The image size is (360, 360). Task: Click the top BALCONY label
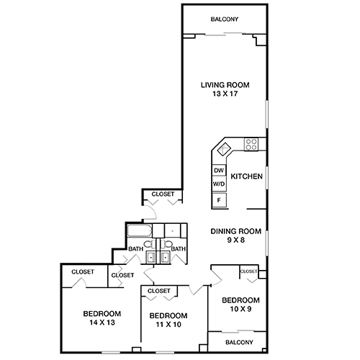point(224,19)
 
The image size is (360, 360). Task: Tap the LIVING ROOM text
point(224,84)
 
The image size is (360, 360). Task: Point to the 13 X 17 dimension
point(224,94)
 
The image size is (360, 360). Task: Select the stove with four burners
point(251,143)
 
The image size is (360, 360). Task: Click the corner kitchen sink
point(224,149)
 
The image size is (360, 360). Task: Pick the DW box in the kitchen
point(219,171)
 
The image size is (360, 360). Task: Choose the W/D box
point(219,184)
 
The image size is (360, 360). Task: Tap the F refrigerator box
point(219,199)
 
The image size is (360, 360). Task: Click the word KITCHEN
point(246,176)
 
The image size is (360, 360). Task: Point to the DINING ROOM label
point(234,231)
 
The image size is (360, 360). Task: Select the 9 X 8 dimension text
point(234,240)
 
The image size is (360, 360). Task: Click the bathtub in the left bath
point(138,231)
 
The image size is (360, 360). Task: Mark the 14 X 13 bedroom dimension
point(101,323)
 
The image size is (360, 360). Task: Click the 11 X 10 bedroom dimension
point(168,325)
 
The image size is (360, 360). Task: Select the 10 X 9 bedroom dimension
point(240,310)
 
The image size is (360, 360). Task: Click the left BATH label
point(135,249)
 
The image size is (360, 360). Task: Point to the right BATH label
point(179,249)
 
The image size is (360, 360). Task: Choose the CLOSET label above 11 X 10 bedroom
point(158,291)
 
